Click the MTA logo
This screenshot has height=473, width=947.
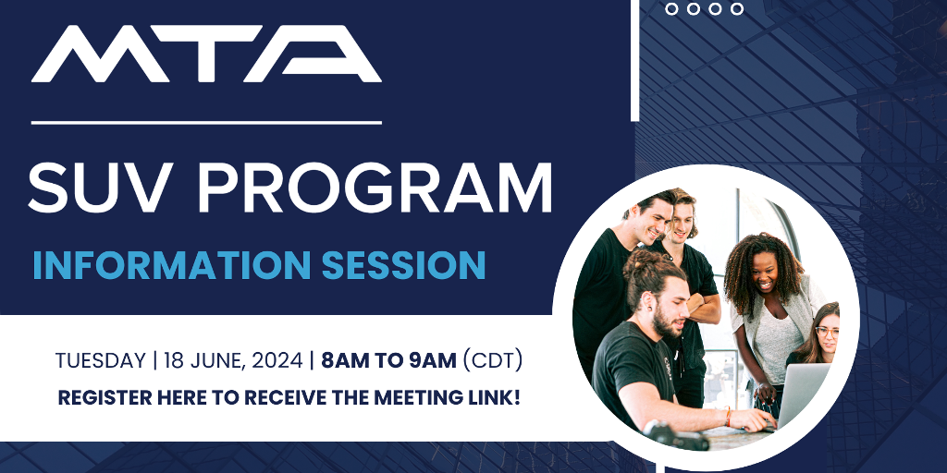click(x=206, y=54)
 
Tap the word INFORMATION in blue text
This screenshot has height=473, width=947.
click(x=171, y=265)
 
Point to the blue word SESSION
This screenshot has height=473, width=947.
click(x=403, y=265)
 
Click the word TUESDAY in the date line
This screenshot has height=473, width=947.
click(x=100, y=361)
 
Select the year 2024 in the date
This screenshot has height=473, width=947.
click(x=277, y=361)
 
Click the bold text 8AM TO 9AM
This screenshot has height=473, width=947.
click(x=388, y=361)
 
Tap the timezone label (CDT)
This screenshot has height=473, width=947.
click(x=492, y=361)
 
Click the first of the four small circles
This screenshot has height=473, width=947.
click(x=671, y=9)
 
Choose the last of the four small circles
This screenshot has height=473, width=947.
click(x=737, y=9)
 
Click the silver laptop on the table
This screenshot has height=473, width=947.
click(x=802, y=395)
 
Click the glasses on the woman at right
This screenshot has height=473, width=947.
click(x=827, y=332)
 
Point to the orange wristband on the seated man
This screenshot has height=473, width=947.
click(x=729, y=417)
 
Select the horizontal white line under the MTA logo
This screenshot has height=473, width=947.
click(x=206, y=123)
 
